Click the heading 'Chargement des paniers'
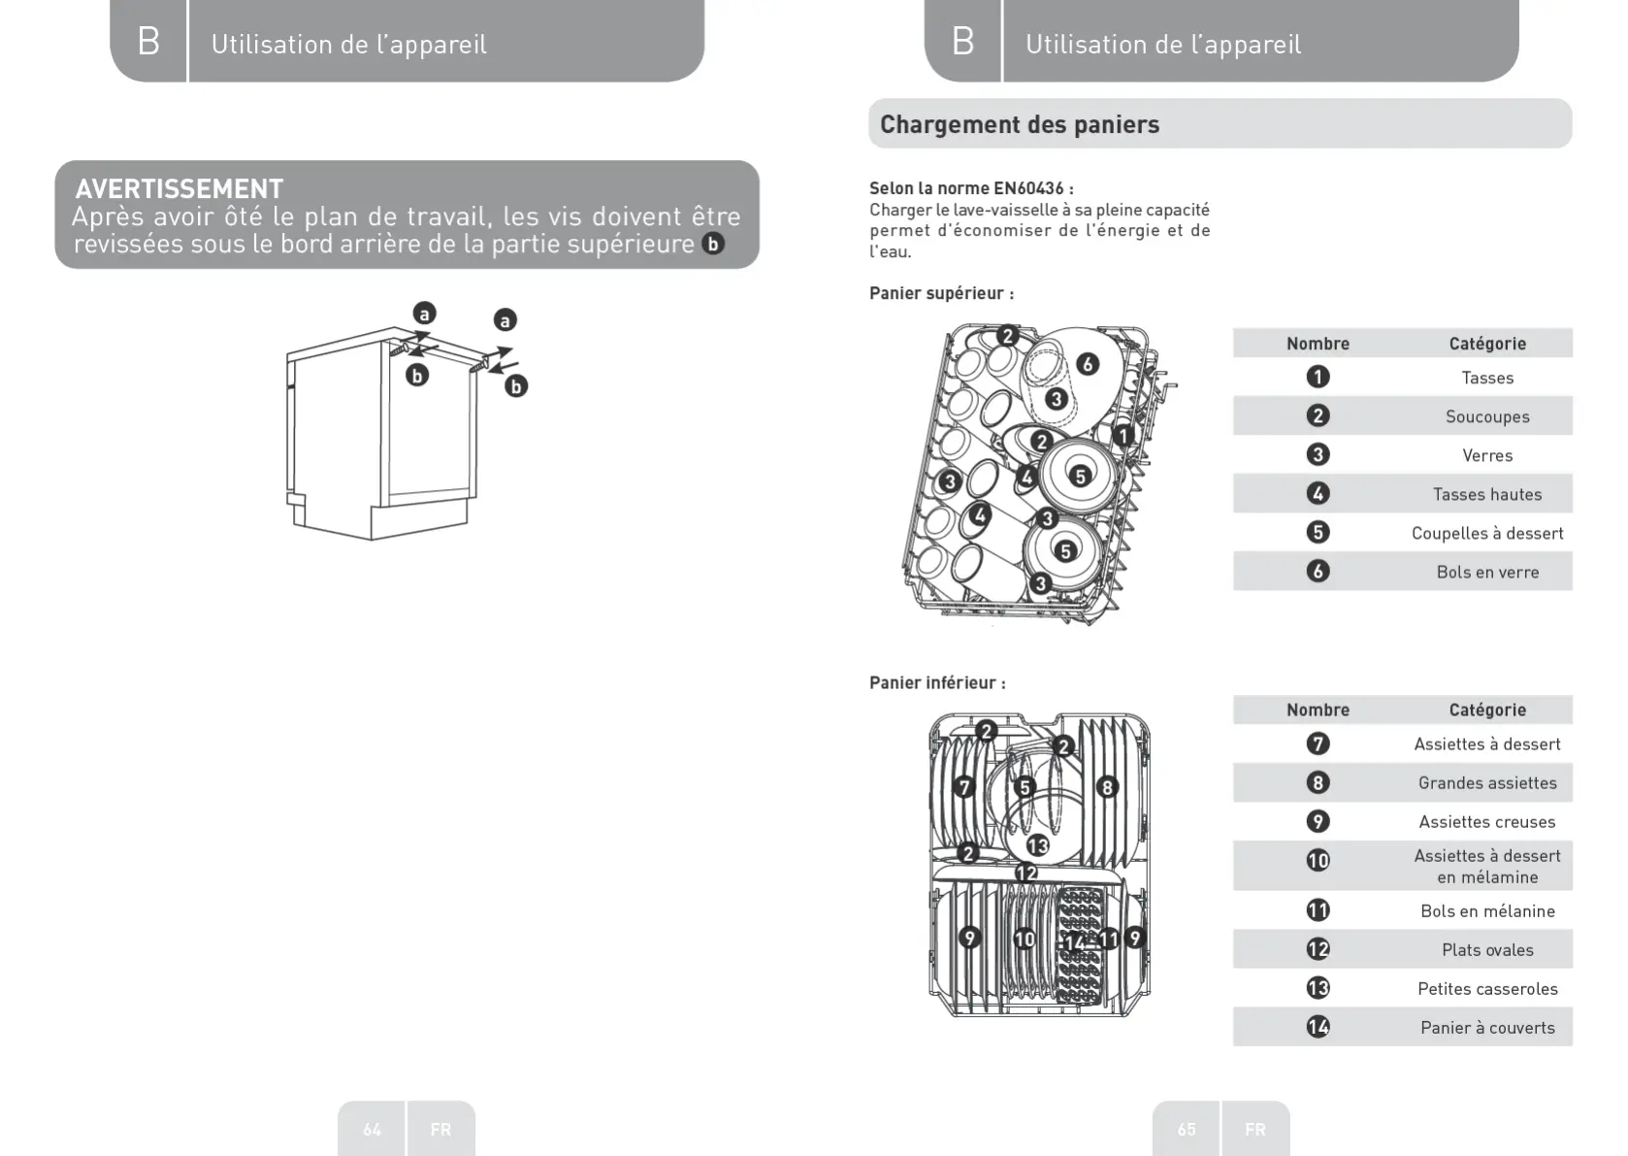(x=1019, y=124)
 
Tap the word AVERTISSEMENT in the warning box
(x=179, y=188)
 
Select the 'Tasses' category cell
(x=1486, y=378)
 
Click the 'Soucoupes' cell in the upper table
(x=1486, y=416)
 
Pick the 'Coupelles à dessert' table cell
(x=1486, y=533)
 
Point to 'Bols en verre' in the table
(x=1486, y=572)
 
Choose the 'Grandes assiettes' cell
(x=1486, y=782)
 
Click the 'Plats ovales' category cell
(x=1486, y=949)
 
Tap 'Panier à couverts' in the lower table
(x=1486, y=1027)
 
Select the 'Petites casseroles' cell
(x=1486, y=988)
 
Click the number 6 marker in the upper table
(x=1318, y=571)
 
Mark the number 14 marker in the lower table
(x=1318, y=1026)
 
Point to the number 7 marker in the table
(x=1318, y=743)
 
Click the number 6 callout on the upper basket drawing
(x=1088, y=364)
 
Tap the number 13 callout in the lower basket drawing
(x=1038, y=845)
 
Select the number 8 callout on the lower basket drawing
(x=1107, y=787)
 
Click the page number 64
(x=373, y=1129)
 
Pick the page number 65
(x=1187, y=1129)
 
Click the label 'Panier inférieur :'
(x=937, y=682)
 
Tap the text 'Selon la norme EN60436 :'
(x=971, y=188)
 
